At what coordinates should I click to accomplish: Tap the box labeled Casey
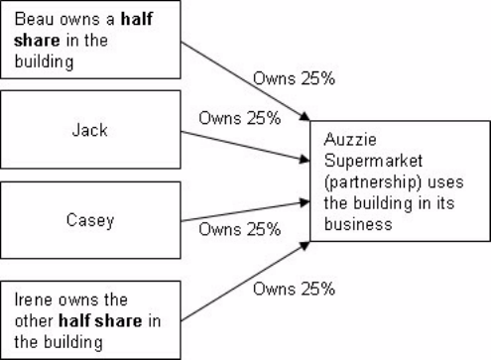coord(90,221)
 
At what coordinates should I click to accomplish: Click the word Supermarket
coord(366,160)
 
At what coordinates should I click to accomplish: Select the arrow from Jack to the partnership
coord(242,142)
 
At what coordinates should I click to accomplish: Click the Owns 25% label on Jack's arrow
coord(239,116)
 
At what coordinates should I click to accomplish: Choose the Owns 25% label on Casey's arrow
coord(239,229)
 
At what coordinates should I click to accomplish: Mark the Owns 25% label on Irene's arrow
coord(294,290)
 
